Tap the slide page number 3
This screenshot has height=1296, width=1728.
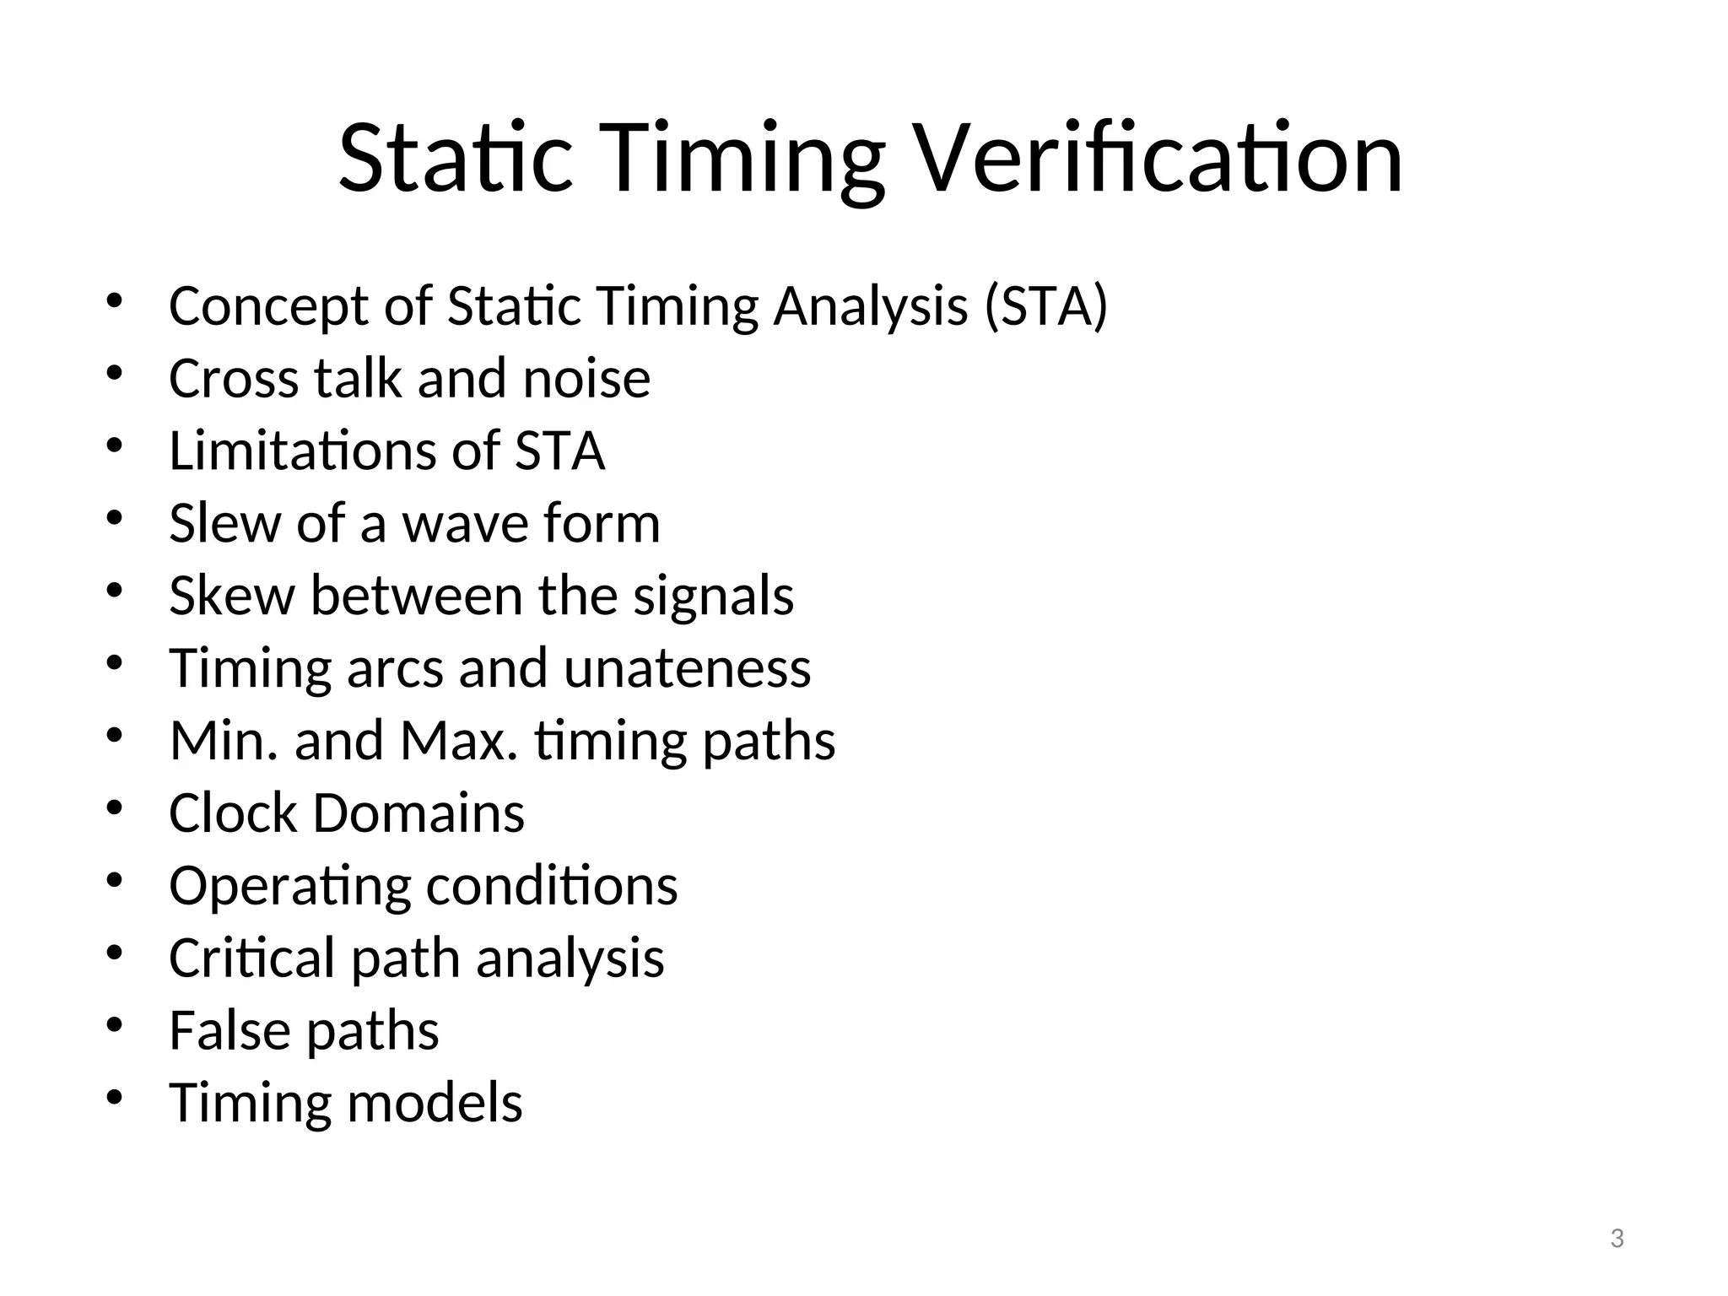click(x=1617, y=1239)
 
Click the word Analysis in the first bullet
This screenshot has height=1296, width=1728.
click(x=870, y=307)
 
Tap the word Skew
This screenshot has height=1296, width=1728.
click(x=232, y=596)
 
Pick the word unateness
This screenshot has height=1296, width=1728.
click(x=687, y=668)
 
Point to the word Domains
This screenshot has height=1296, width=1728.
click(x=418, y=813)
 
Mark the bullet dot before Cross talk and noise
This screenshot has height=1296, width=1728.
click(x=116, y=375)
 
